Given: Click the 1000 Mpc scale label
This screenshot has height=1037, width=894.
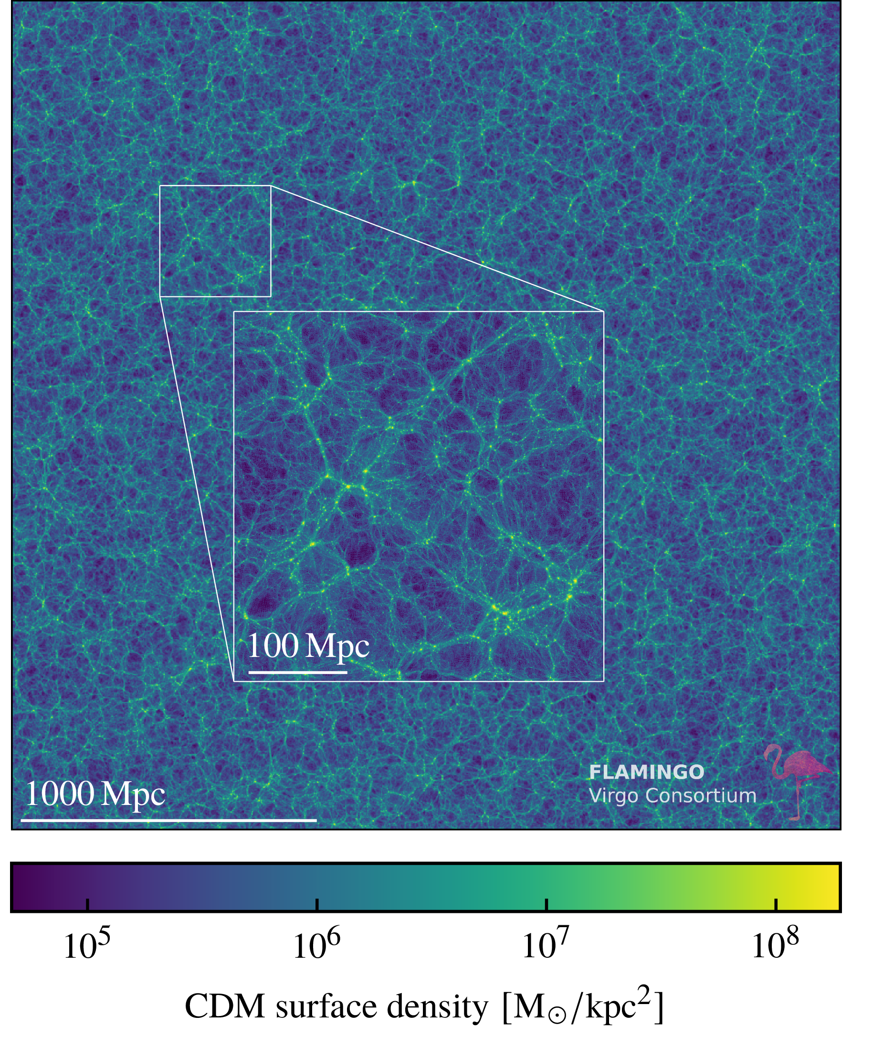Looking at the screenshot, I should tap(95, 794).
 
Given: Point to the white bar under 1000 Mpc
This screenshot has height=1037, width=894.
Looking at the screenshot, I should tap(168, 820).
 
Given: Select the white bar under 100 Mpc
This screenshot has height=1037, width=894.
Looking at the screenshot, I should tap(298, 672).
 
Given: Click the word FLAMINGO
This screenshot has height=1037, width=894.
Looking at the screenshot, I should tap(647, 772).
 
